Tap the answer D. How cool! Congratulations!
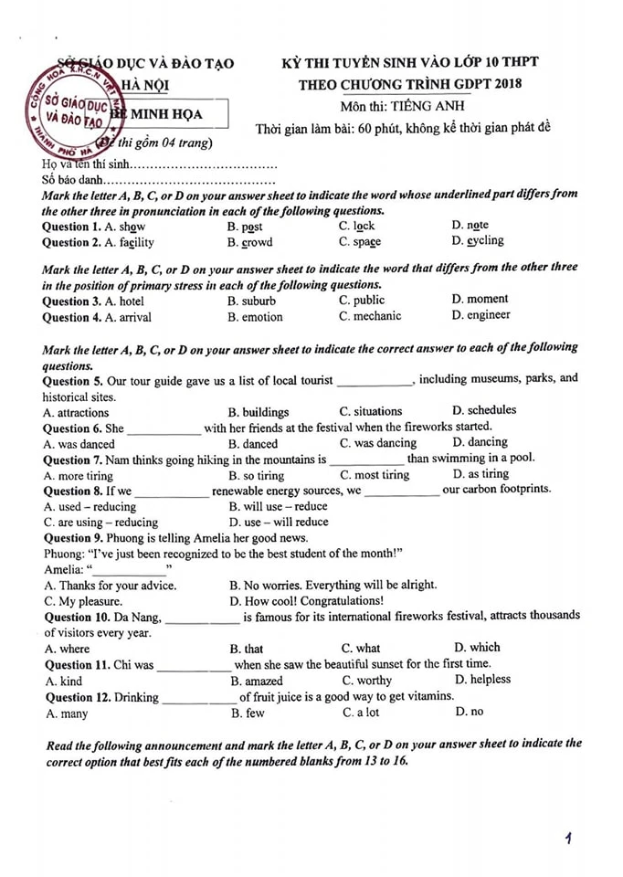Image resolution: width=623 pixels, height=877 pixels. point(306,601)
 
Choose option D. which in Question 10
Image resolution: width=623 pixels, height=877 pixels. point(477,648)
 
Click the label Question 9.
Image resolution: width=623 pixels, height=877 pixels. point(72,539)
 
